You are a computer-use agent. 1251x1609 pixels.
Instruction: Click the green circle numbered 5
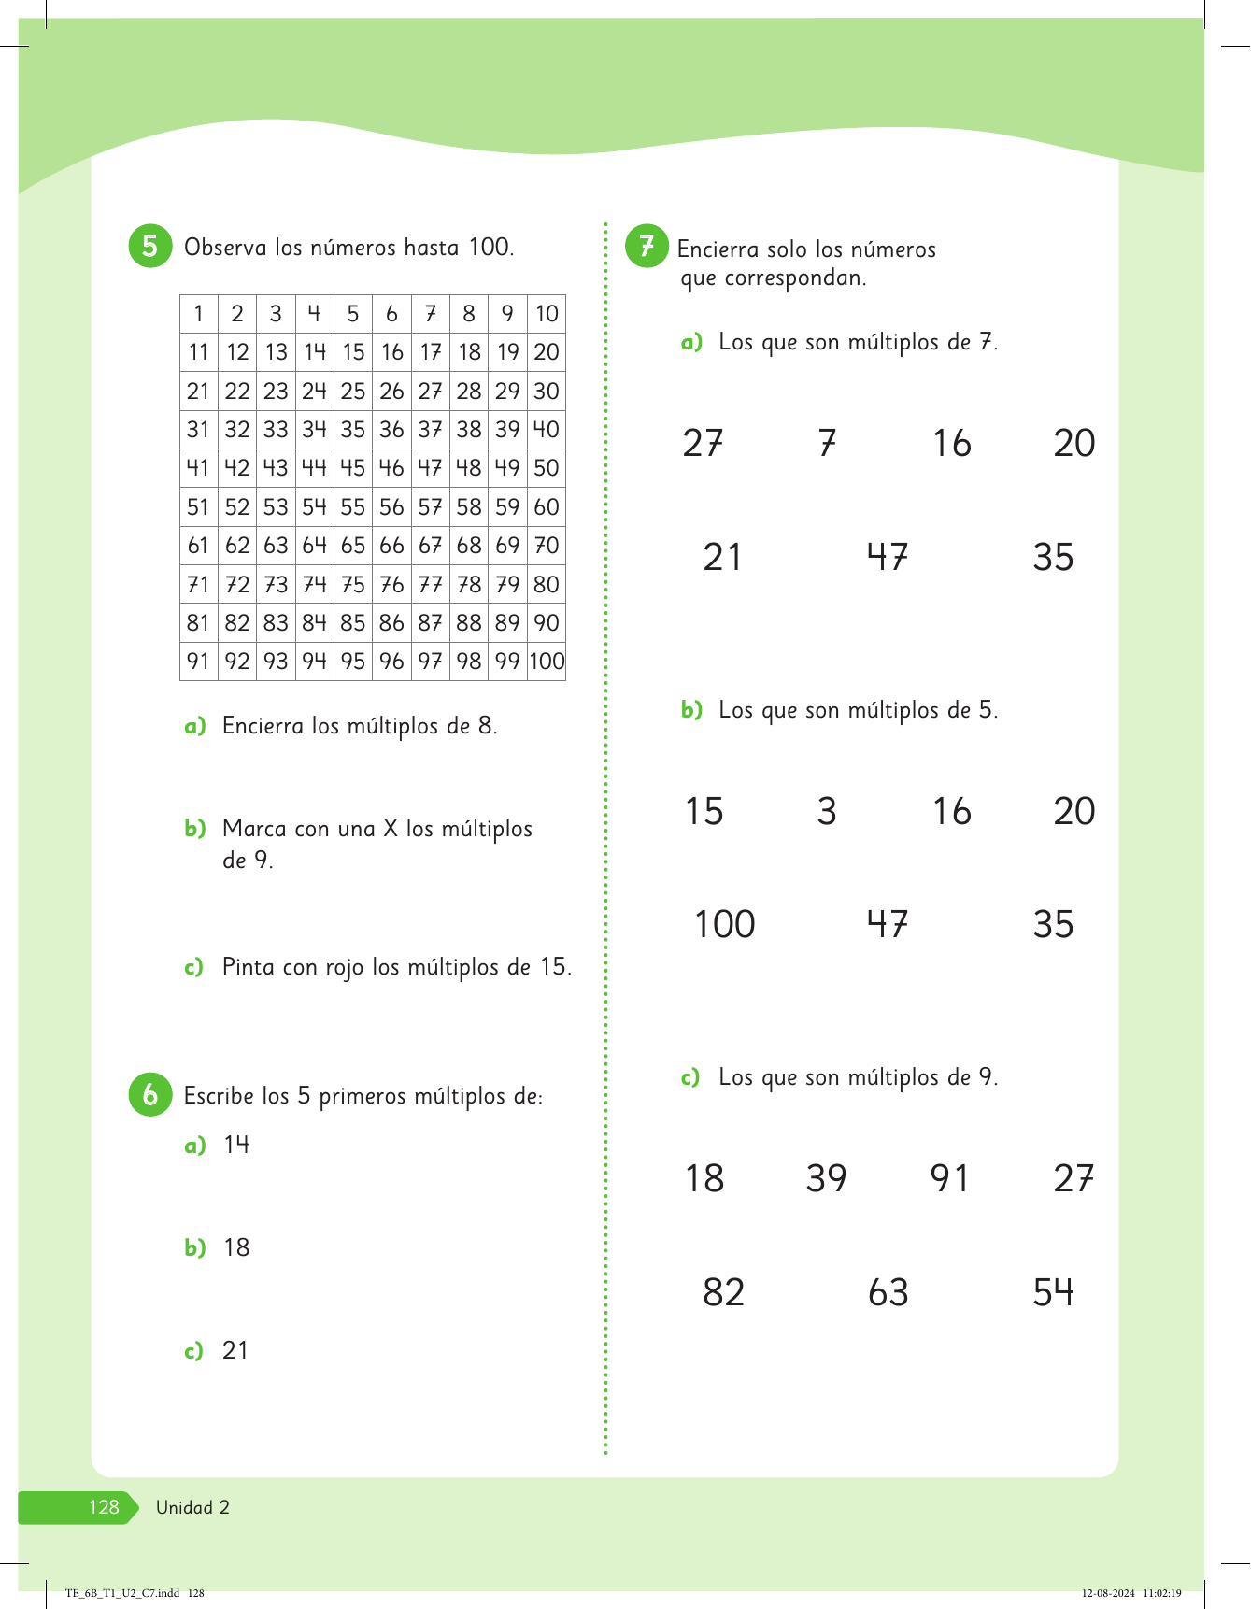coord(149,247)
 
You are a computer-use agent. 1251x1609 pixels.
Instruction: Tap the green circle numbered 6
coord(149,1094)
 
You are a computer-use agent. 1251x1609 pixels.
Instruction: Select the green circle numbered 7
coord(647,247)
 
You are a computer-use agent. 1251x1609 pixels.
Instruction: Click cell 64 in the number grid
coord(314,546)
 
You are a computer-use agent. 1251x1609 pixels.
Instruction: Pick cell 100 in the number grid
coord(547,662)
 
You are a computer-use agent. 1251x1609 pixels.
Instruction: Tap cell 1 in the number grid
coord(198,314)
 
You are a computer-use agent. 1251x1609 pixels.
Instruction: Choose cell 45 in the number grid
coord(352,468)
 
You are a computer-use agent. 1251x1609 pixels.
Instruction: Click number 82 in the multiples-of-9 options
coord(723,1292)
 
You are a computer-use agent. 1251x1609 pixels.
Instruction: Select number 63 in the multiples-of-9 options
coord(888,1292)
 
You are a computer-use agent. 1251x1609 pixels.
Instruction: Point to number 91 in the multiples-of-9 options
coord(949,1178)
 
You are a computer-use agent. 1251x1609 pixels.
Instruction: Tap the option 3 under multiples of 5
coord(827,811)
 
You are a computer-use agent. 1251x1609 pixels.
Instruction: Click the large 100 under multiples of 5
coord(724,924)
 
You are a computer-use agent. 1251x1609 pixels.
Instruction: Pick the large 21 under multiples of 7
coord(722,557)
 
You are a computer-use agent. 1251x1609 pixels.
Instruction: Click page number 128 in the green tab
coord(104,1507)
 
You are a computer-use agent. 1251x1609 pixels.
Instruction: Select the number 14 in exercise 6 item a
coord(236,1145)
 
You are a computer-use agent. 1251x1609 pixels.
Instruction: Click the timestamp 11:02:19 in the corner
coord(1161,1593)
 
